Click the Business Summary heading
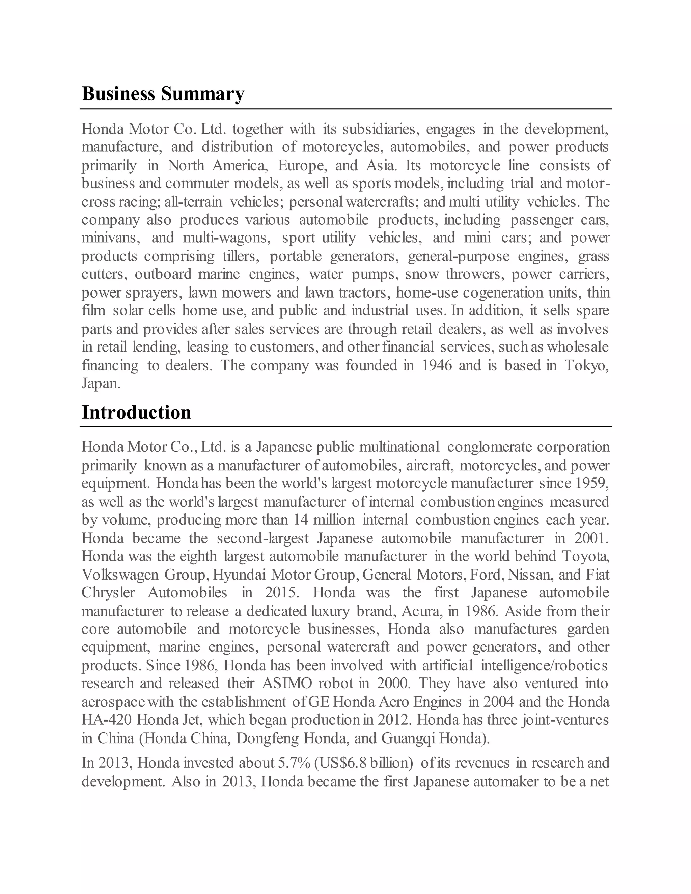pyautogui.click(x=163, y=94)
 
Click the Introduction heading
pyautogui.click(x=136, y=412)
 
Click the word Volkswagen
pyautogui.click(x=119, y=575)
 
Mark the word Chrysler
pyautogui.click(x=108, y=593)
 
